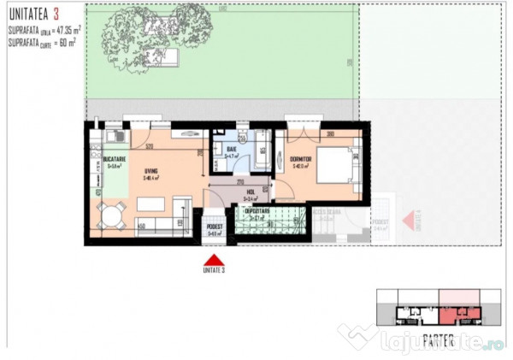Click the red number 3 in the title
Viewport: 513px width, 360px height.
[56, 14]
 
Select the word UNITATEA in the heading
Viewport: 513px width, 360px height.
[26, 14]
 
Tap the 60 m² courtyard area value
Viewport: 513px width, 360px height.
[65, 39]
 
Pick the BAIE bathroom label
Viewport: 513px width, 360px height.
[232, 150]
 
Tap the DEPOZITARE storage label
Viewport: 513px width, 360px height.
[256, 210]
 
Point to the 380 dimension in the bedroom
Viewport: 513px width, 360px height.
[328, 133]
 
